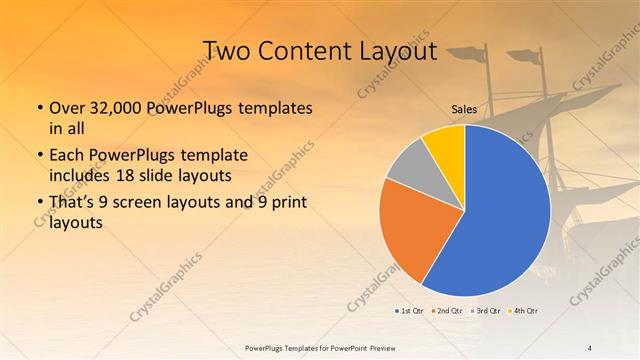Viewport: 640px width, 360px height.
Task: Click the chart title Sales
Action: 463,110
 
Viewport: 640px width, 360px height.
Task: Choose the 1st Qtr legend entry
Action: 408,311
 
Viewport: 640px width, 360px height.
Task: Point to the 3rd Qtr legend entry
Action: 481,311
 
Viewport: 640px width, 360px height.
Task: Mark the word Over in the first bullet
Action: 67,107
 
